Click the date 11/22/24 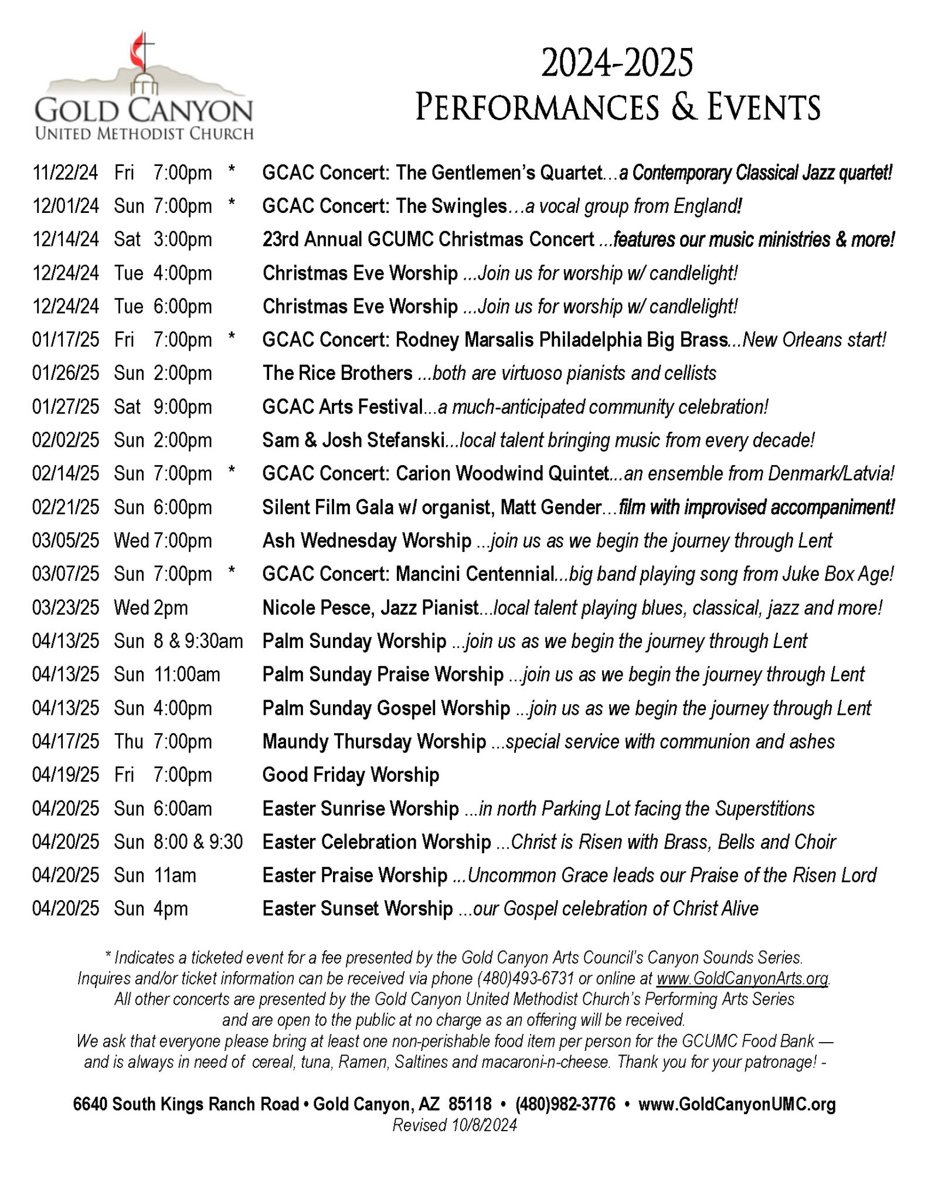[66, 172]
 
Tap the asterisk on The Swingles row [232, 204]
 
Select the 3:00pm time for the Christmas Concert [182, 239]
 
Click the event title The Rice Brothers [338, 373]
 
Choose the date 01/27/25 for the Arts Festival [66, 406]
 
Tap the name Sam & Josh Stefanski [353, 440]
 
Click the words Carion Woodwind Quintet [502, 473]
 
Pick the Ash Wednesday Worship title [367, 540]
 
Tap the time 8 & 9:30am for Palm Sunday [198, 641]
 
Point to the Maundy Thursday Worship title [374, 741]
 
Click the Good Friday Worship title [351, 775]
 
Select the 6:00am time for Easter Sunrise [182, 809]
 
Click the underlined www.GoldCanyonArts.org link [742, 978]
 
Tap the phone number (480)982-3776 [565, 1104]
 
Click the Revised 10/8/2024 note [454, 1125]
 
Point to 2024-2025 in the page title [617, 63]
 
